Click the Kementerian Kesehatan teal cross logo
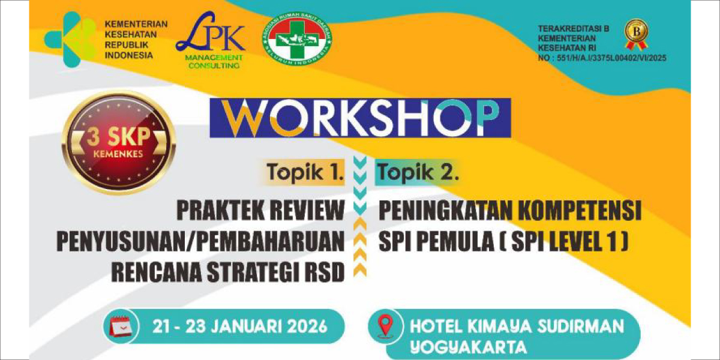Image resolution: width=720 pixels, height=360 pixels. click(x=70, y=39)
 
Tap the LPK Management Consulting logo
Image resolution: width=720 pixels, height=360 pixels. click(x=211, y=40)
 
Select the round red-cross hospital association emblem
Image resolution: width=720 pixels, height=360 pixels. click(x=297, y=40)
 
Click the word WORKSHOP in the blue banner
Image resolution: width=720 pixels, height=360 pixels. click(x=361, y=118)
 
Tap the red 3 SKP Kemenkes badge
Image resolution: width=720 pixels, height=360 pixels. click(x=119, y=143)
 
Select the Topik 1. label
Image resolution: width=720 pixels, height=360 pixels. click(x=304, y=173)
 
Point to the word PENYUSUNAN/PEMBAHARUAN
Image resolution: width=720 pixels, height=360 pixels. click(x=200, y=241)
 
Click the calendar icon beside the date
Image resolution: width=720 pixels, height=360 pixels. click(x=121, y=326)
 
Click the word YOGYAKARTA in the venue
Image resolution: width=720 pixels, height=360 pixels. click(x=469, y=347)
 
